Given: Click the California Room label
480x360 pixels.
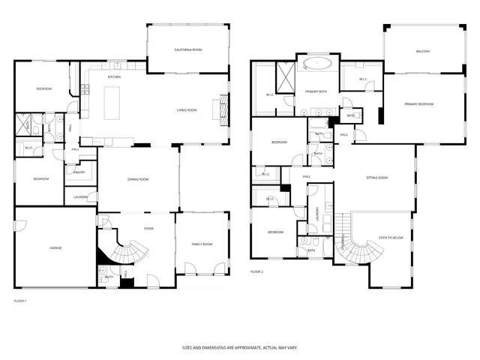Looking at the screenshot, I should (188, 49).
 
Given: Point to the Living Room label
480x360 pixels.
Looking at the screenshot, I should (187, 110).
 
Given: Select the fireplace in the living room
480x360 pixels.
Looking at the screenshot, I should (222, 106).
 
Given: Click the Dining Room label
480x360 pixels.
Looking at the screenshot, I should (138, 179).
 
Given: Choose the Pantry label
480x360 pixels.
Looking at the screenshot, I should (79, 172).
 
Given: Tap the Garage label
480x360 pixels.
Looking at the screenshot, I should (55, 247).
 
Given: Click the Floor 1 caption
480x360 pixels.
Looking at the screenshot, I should (20, 301).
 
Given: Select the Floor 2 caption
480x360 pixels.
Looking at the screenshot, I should (257, 271).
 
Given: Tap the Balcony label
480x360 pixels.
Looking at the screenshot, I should (423, 51).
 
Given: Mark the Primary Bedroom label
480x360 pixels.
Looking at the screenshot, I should (419, 103).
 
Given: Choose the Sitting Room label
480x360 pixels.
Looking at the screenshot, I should (376, 178).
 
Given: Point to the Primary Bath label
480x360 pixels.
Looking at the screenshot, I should (316, 91).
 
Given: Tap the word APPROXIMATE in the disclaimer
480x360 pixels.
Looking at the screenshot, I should (238, 347).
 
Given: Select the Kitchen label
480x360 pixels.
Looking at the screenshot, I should (115, 76).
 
